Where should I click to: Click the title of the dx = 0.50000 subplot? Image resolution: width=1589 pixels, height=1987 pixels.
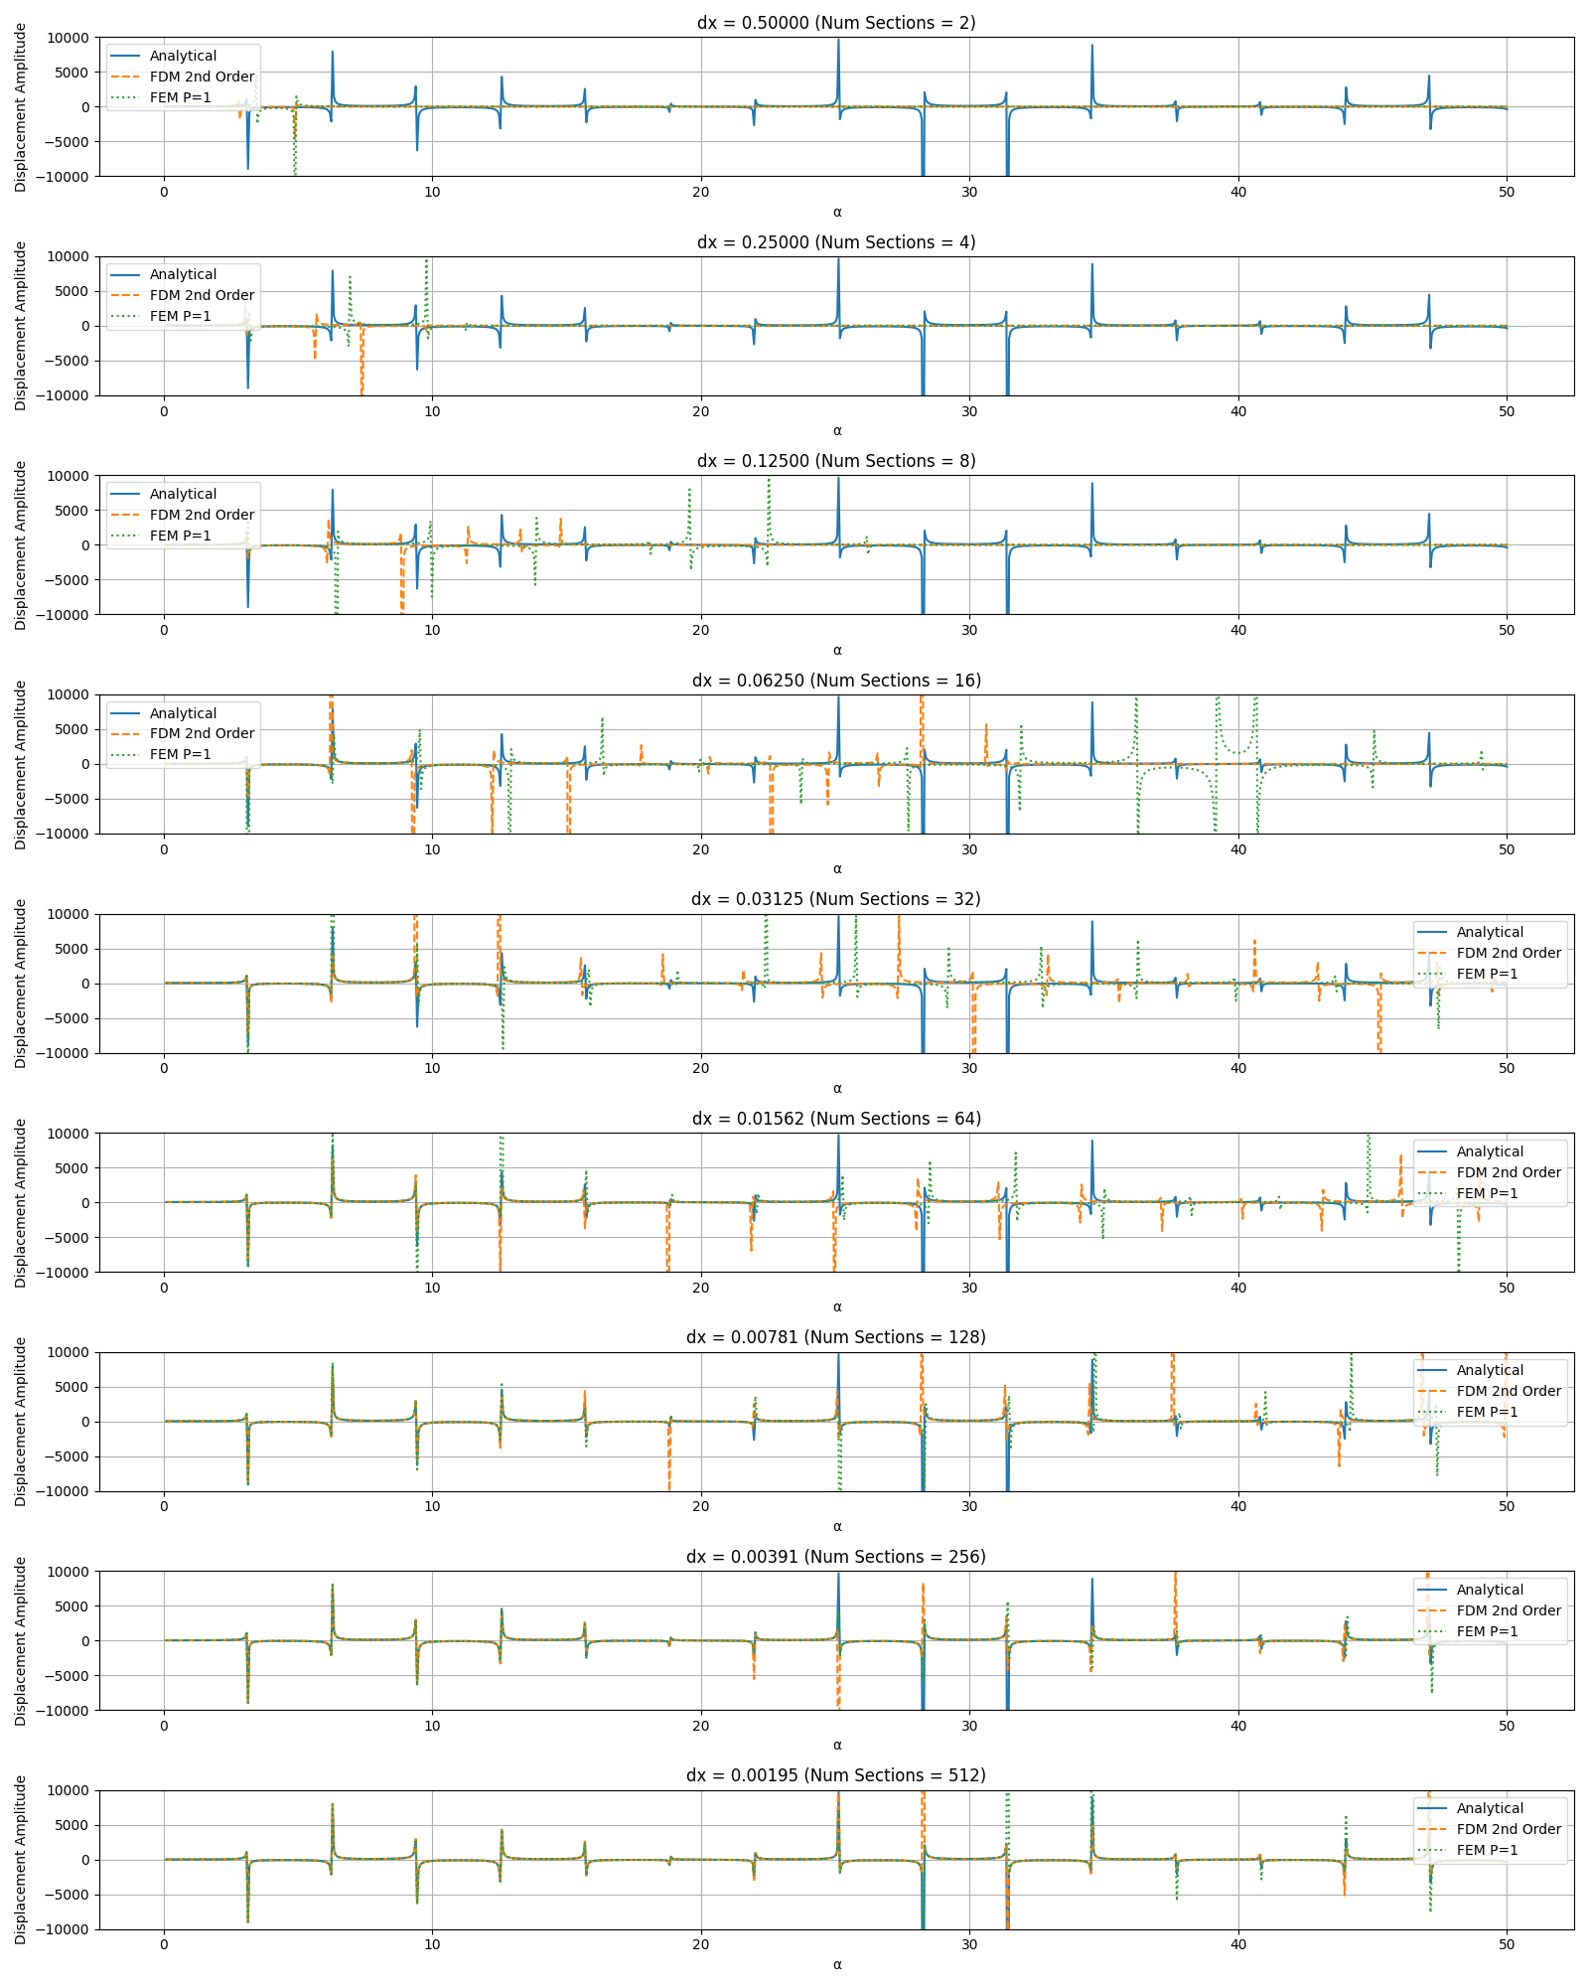tap(836, 23)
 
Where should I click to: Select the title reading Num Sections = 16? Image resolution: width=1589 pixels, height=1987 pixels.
tap(836, 681)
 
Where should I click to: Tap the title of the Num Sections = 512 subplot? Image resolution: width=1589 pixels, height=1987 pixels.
tap(836, 1775)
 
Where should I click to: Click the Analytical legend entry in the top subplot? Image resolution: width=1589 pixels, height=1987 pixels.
tap(183, 56)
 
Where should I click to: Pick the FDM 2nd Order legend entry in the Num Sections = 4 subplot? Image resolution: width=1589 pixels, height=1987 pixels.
tap(202, 295)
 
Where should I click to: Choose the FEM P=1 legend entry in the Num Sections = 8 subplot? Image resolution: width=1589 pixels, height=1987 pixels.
tap(180, 535)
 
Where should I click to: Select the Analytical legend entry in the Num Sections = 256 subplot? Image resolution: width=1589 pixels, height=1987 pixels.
tap(1490, 1590)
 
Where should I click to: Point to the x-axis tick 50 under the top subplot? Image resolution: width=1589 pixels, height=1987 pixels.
tap(1507, 192)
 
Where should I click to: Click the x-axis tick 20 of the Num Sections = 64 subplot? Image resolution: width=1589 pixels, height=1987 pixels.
tap(701, 1288)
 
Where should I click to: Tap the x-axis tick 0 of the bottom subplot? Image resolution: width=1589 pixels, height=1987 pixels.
tap(164, 1945)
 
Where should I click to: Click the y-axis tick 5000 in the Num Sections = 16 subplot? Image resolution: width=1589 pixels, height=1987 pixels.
tap(70, 729)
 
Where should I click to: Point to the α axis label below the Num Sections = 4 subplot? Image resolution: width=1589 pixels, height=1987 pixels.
tap(837, 431)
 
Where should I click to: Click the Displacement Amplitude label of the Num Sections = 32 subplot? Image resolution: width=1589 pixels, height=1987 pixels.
tap(21, 984)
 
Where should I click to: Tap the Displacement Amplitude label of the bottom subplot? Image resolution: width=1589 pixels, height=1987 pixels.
tap(21, 1860)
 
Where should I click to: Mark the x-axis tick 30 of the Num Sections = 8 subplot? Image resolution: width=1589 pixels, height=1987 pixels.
tap(969, 630)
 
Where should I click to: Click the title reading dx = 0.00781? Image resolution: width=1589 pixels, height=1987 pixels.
tap(836, 1337)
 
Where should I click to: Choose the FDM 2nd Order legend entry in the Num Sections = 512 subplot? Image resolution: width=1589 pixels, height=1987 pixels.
tap(1509, 1829)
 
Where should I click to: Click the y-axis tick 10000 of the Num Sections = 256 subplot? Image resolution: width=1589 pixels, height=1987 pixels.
tap(66, 1572)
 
